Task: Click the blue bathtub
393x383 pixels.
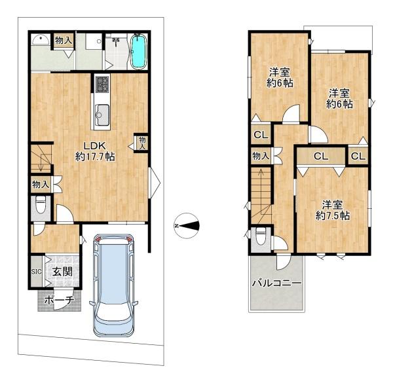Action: tap(139, 52)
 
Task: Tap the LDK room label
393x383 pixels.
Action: tap(95, 145)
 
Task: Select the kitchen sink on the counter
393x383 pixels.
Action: tap(102, 115)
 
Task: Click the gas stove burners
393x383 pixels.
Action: tap(102, 84)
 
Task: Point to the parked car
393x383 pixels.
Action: tap(113, 285)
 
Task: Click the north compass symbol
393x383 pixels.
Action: tap(186, 226)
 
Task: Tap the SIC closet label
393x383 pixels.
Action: tap(36, 271)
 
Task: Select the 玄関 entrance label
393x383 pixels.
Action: tap(62, 271)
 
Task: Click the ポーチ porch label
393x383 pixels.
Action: tap(59, 301)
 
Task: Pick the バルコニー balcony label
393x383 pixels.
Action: tap(276, 283)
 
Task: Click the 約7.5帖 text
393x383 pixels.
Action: tap(332, 215)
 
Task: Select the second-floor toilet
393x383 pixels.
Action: tap(261, 236)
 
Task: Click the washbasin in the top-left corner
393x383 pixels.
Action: tap(40, 40)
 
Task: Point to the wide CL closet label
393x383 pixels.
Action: tap(322, 156)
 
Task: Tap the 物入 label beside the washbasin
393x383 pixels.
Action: tap(64, 40)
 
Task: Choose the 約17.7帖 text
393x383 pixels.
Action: tap(95, 156)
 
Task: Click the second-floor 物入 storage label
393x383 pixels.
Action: tap(261, 156)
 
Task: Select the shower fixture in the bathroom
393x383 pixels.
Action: tap(116, 41)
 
